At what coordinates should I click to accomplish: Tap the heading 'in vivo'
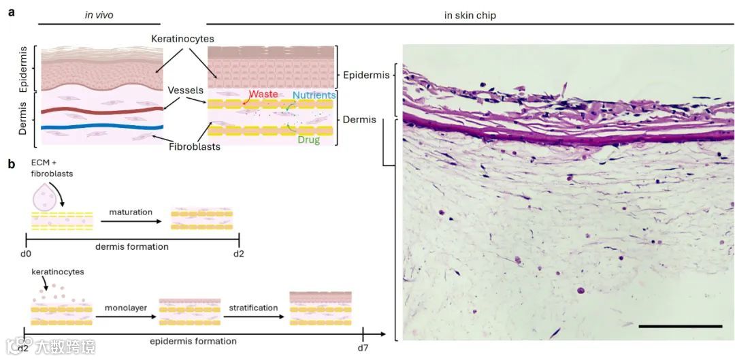click(x=99, y=15)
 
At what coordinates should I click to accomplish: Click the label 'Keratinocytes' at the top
click(x=184, y=39)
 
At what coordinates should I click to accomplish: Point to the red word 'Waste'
click(x=263, y=94)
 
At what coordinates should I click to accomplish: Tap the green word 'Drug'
click(x=308, y=140)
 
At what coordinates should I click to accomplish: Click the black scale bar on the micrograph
click(x=680, y=327)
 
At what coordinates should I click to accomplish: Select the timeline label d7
click(x=363, y=348)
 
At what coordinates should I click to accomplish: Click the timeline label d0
click(x=27, y=254)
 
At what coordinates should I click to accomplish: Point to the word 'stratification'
click(x=254, y=308)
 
